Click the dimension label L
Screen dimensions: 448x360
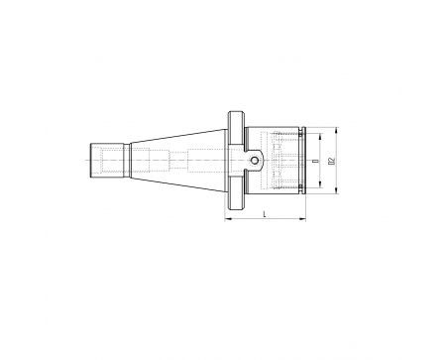(x=265, y=214)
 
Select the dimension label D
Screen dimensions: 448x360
(x=316, y=161)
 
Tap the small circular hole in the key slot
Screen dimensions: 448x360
(x=255, y=161)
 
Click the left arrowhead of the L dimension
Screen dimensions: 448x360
(x=227, y=218)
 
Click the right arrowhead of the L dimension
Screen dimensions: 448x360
(x=303, y=218)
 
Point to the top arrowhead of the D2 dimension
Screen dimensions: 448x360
(x=336, y=130)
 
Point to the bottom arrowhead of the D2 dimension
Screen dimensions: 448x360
(x=336, y=190)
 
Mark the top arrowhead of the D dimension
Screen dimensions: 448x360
(x=320, y=136)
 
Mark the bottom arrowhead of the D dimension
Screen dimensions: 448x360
(x=320, y=184)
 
